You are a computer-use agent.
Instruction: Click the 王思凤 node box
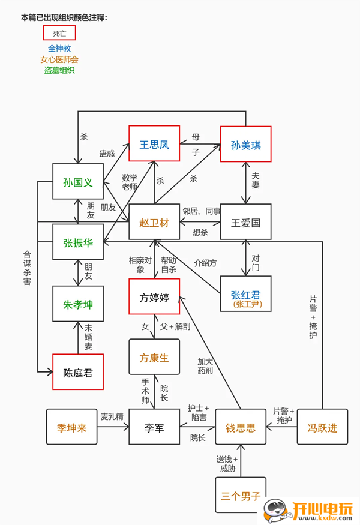pyautogui.click(x=154, y=144)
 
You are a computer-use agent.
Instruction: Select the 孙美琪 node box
pyautogui.click(x=245, y=145)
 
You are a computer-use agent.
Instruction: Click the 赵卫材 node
pyautogui.click(x=154, y=223)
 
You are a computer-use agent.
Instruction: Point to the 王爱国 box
pyautogui.click(x=245, y=223)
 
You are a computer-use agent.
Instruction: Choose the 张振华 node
pyautogui.click(x=78, y=242)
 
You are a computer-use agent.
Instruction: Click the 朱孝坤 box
pyautogui.click(x=78, y=304)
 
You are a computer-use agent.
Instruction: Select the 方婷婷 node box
pyautogui.click(x=154, y=296)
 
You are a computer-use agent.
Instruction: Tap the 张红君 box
pyautogui.click(x=245, y=296)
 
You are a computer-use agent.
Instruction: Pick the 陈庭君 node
pyautogui.click(x=78, y=372)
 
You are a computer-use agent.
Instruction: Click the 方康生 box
pyautogui.click(x=154, y=358)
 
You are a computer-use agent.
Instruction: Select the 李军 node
pyautogui.click(x=154, y=427)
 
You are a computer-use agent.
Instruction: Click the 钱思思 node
pyautogui.click(x=240, y=427)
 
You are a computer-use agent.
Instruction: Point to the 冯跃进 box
pyautogui.click(x=323, y=427)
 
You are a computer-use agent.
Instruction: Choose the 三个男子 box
pyautogui.click(x=240, y=495)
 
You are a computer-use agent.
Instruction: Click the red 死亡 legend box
pyautogui.click(x=59, y=33)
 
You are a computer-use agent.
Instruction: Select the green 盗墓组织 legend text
pyautogui.click(x=59, y=70)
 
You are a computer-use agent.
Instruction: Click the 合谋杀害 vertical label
pyautogui.click(x=27, y=268)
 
